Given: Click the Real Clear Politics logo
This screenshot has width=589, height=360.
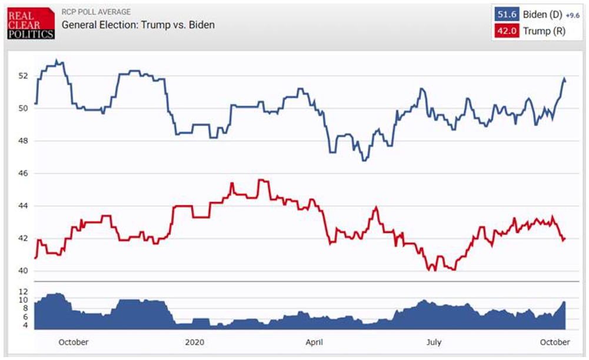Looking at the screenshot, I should click(31, 24).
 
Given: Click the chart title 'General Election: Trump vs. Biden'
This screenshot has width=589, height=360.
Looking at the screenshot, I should click(138, 25).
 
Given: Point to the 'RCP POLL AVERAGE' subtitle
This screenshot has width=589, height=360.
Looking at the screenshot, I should click(96, 12).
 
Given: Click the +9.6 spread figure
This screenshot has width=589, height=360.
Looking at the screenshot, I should click(573, 15).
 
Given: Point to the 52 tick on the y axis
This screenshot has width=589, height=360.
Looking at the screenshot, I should click(23, 76).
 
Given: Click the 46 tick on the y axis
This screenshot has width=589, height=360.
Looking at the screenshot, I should click(23, 174).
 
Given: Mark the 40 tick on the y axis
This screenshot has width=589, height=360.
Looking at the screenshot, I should click(23, 271).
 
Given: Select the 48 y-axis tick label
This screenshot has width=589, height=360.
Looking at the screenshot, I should click(23, 141).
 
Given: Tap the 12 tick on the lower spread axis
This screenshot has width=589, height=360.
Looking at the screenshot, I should click(23, 292).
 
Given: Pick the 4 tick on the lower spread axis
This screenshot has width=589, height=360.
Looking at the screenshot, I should click(25, 325).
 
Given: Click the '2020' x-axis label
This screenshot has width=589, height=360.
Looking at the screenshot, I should click(194, 342).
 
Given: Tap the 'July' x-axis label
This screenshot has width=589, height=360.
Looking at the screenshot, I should click(434, 342).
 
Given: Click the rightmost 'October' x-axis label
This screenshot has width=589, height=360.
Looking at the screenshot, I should click(555, 342).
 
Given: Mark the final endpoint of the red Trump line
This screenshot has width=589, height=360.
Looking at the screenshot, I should click(565, 238).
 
